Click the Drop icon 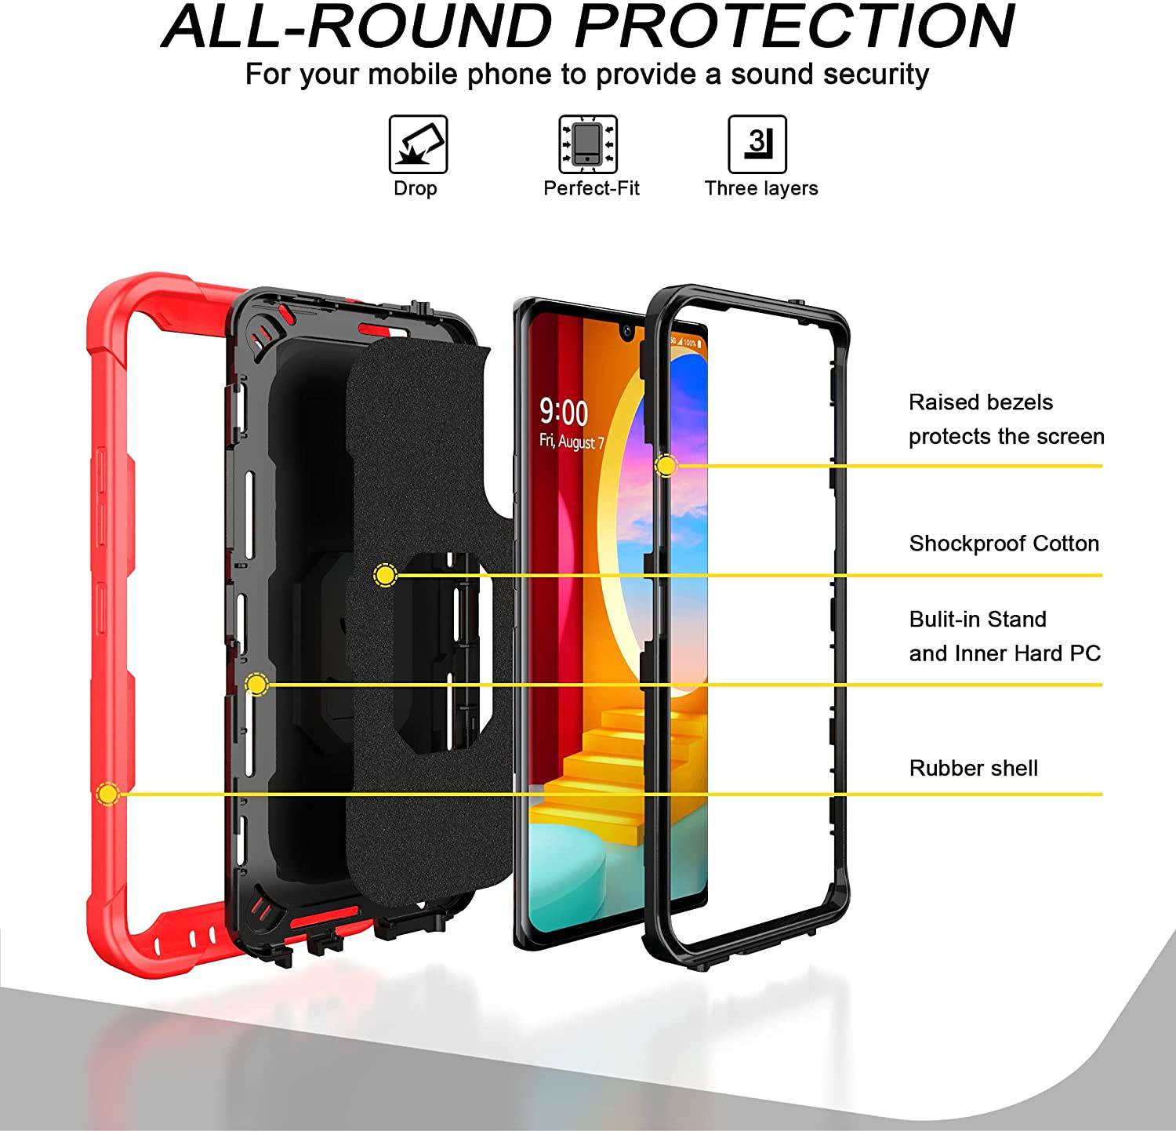point(418,144)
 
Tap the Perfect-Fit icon point(588,144)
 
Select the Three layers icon point(757,144)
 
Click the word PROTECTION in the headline point(794,27)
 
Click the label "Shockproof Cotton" point(1004,544)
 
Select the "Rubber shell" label point(973,768)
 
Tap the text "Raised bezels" point(980,402)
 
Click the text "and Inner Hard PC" point(1004,653)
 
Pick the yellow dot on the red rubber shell point(107,795)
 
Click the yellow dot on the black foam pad point(385,576)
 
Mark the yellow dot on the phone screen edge point(666,466)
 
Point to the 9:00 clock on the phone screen point(564,413)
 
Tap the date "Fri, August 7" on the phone point(572,442)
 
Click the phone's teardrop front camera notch point(628,332)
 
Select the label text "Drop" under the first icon point(415,188)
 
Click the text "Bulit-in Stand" point(978,620)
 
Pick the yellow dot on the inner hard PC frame point(256,685)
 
